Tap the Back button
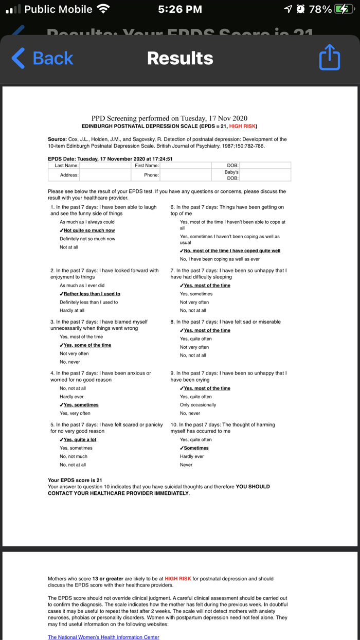[x=43, y=58]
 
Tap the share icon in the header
[x=329, y=57]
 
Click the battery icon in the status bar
[x=343, y=9]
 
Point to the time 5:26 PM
[x=180, y=9]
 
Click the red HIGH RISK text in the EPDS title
[x=242, y=126]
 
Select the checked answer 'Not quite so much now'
[x=88, y=230]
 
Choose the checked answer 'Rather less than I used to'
[x=91, y=294]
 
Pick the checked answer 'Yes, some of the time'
[x=86, y=345]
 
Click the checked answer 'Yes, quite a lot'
[x=79, y=440]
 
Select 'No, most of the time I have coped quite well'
[x=231, y=251]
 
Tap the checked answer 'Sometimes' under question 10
[x=195, y=448]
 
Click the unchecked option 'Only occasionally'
[x=198, y=405]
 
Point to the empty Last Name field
[x=105, y=166]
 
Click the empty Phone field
[x=185, y=175]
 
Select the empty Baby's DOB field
[x=265, y=175]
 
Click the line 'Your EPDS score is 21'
[x=75, y=480]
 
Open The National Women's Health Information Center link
[x=103, y=637]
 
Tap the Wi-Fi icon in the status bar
[x=104, y=9]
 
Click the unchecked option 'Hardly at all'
[x=72, y=310]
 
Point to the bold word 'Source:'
[x=57, y=139]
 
